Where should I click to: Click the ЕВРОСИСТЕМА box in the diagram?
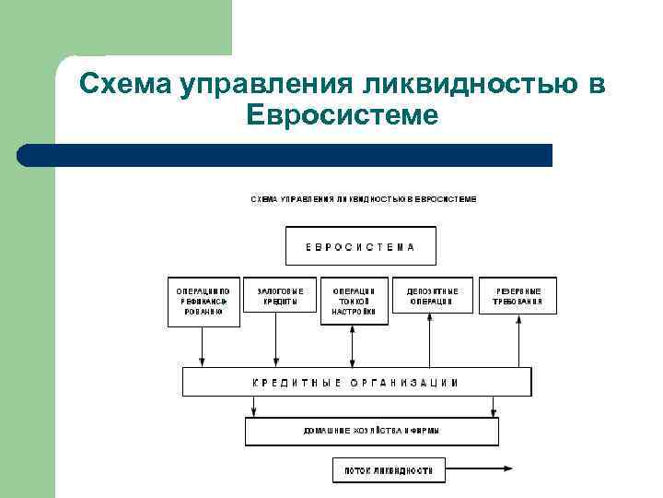(360, 246)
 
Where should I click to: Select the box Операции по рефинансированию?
(204, 302)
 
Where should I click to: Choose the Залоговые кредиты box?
(277, 297)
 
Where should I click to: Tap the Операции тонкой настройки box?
(353, 300)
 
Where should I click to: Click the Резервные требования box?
(518, 295)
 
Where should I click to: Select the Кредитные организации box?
(356, 382)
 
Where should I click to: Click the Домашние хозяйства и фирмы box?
(371, 431)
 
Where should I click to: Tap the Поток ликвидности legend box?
(389, 469)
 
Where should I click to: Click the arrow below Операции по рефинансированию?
(204, 347)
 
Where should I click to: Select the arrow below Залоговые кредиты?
(275, 342)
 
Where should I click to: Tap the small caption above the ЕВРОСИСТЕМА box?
(364, 199)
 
